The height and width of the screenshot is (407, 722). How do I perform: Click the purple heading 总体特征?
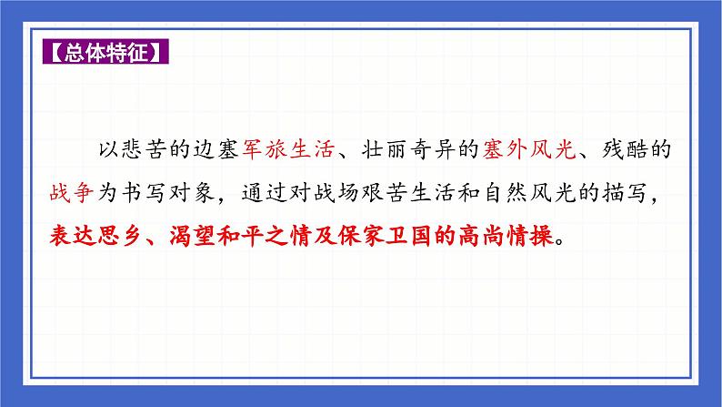pyautogui.click(x=105, y=52)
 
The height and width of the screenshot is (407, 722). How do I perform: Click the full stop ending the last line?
pyautogui.click(x=557, y=242)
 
